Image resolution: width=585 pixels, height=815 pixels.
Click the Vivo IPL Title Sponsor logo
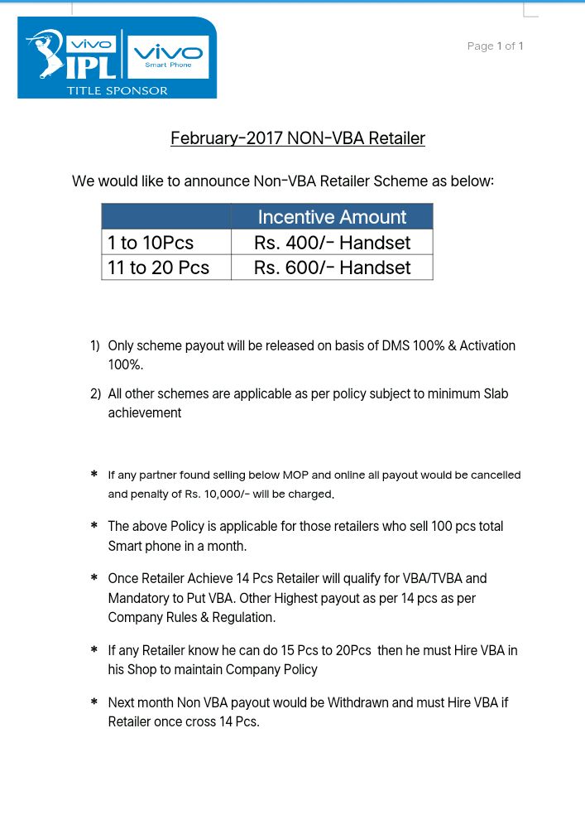(x=117, y=57)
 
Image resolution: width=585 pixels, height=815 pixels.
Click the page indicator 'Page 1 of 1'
(x=495, y=46)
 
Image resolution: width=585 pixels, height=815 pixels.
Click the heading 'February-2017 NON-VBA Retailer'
(x=298, y=138)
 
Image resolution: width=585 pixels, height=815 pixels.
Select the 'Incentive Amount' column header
(x=332, y=217)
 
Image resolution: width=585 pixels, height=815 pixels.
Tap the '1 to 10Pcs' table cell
(x=151, y=243)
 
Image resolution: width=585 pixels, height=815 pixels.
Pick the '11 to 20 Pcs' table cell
(x=158, y=268)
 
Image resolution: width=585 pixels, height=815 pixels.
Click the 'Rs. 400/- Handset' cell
(x=332, y=243)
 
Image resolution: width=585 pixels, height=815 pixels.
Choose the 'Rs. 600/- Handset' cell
(x=332, y=268)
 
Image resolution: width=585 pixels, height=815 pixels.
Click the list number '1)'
(x=95, y=345)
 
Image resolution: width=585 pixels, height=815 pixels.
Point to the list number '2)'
(x=95, y=394)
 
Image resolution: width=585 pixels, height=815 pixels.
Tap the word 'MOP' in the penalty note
(x=295, y=475)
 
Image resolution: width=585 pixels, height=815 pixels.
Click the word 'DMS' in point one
(x=396, y=345)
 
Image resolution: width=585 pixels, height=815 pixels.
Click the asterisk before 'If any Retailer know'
(x=94, y=651)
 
